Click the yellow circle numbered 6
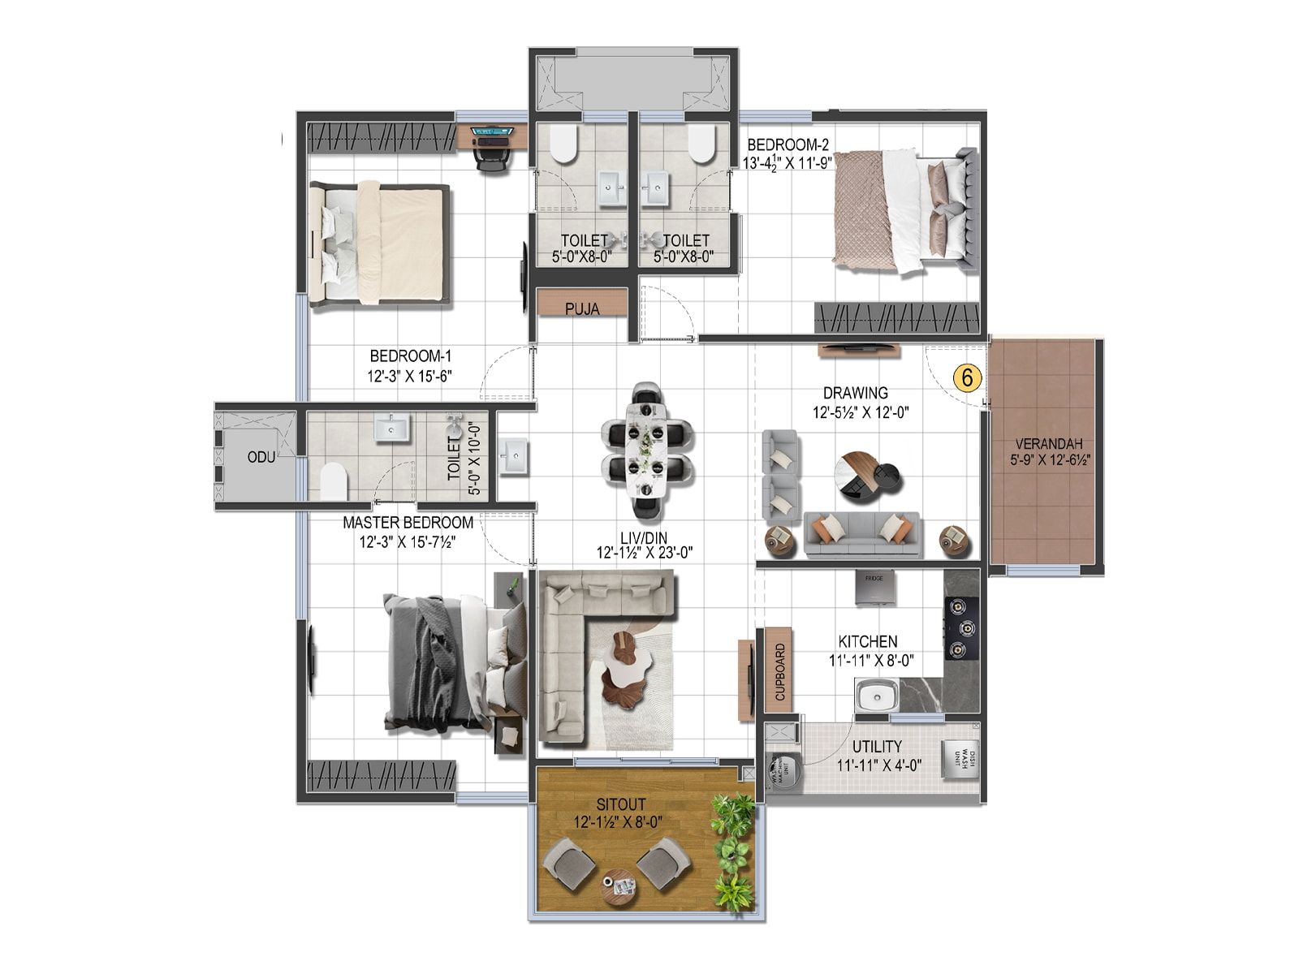tap(967, 377)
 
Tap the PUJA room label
tap(582, 309)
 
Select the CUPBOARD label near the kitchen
tap(780, 673)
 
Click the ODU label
tap(261, 457)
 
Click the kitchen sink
tap(875, 696)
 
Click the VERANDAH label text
tap(1042, 444)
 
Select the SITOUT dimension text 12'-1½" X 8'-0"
tap(618, 822)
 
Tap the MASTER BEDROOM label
tap(408, 523)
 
